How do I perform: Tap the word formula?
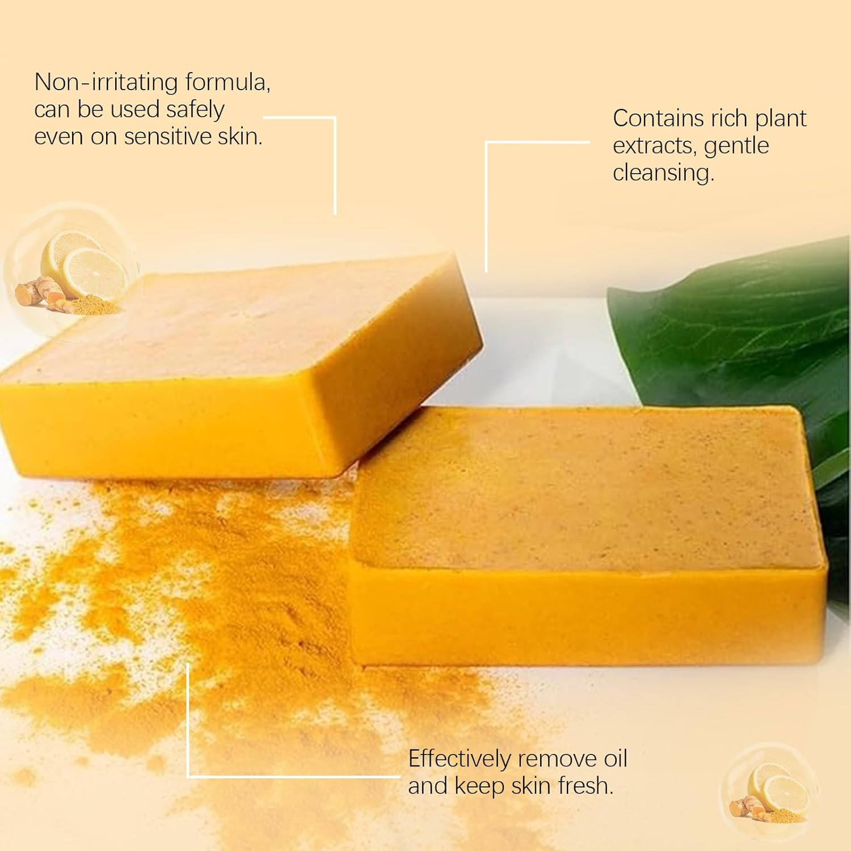(220, 82)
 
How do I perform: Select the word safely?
(195, 109)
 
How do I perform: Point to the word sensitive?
(168, 137)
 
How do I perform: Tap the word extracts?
(654, 146)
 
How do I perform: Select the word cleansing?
(663, 173)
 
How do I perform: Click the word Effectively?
(459, 759)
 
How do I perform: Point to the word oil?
(614, 759)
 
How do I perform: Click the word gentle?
(736, 146)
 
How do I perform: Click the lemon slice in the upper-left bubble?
(94, 272)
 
